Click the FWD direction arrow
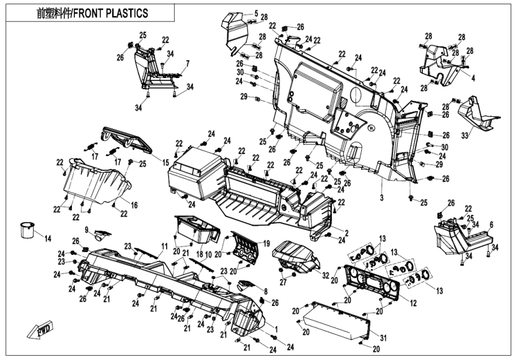37,330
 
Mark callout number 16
134,205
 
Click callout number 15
165,163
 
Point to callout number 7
187,63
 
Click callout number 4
473,77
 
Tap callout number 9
86,229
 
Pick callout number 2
347,231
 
